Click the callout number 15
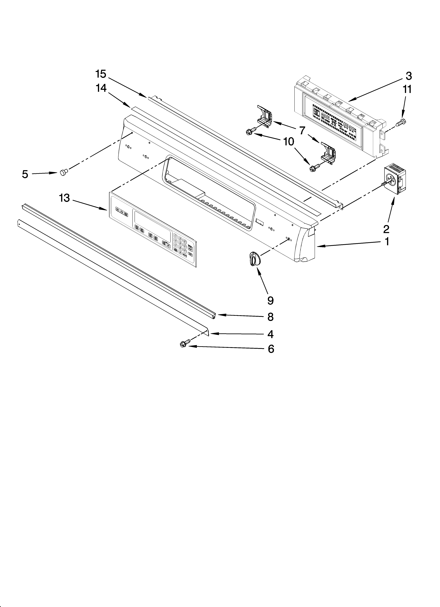[101, 74]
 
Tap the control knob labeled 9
[255, 259]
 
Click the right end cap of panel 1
[305, 244]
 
